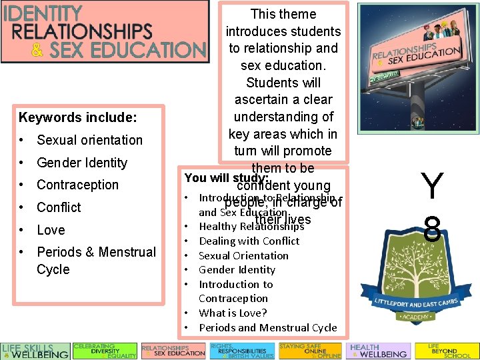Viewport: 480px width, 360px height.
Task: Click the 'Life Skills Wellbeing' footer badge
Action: coord(35,351)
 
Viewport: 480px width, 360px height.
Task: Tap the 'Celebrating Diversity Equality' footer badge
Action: coord(105,351)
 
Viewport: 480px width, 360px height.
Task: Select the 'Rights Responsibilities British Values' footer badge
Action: coord(241,351)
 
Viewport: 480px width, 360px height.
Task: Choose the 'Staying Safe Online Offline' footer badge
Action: coord(310,351)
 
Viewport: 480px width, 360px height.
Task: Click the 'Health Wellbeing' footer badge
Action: coord(379,351)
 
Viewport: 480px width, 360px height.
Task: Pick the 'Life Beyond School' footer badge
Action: coord(446,351)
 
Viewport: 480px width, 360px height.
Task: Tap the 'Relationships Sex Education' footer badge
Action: coord(173,351)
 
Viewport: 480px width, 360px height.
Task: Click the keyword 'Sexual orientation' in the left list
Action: coord(89,140)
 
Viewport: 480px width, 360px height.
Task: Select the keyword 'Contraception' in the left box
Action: coord(77,185)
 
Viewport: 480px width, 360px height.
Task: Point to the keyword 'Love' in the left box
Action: coord(51,230)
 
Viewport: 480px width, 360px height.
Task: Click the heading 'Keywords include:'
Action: coord(78,118)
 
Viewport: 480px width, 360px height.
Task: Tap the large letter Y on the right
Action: coord(432,186)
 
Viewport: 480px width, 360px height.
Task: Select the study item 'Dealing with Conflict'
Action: coord(249,241)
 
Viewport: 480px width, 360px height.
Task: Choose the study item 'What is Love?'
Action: coord(233,313)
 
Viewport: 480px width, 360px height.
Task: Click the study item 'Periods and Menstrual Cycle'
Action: coord(268,328)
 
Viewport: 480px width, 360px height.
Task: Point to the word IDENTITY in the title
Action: coord(43,13)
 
